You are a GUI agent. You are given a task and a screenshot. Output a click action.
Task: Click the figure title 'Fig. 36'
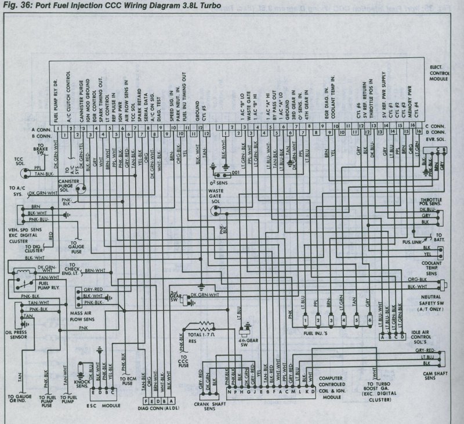pyautogui.click(x=17, y=5)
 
